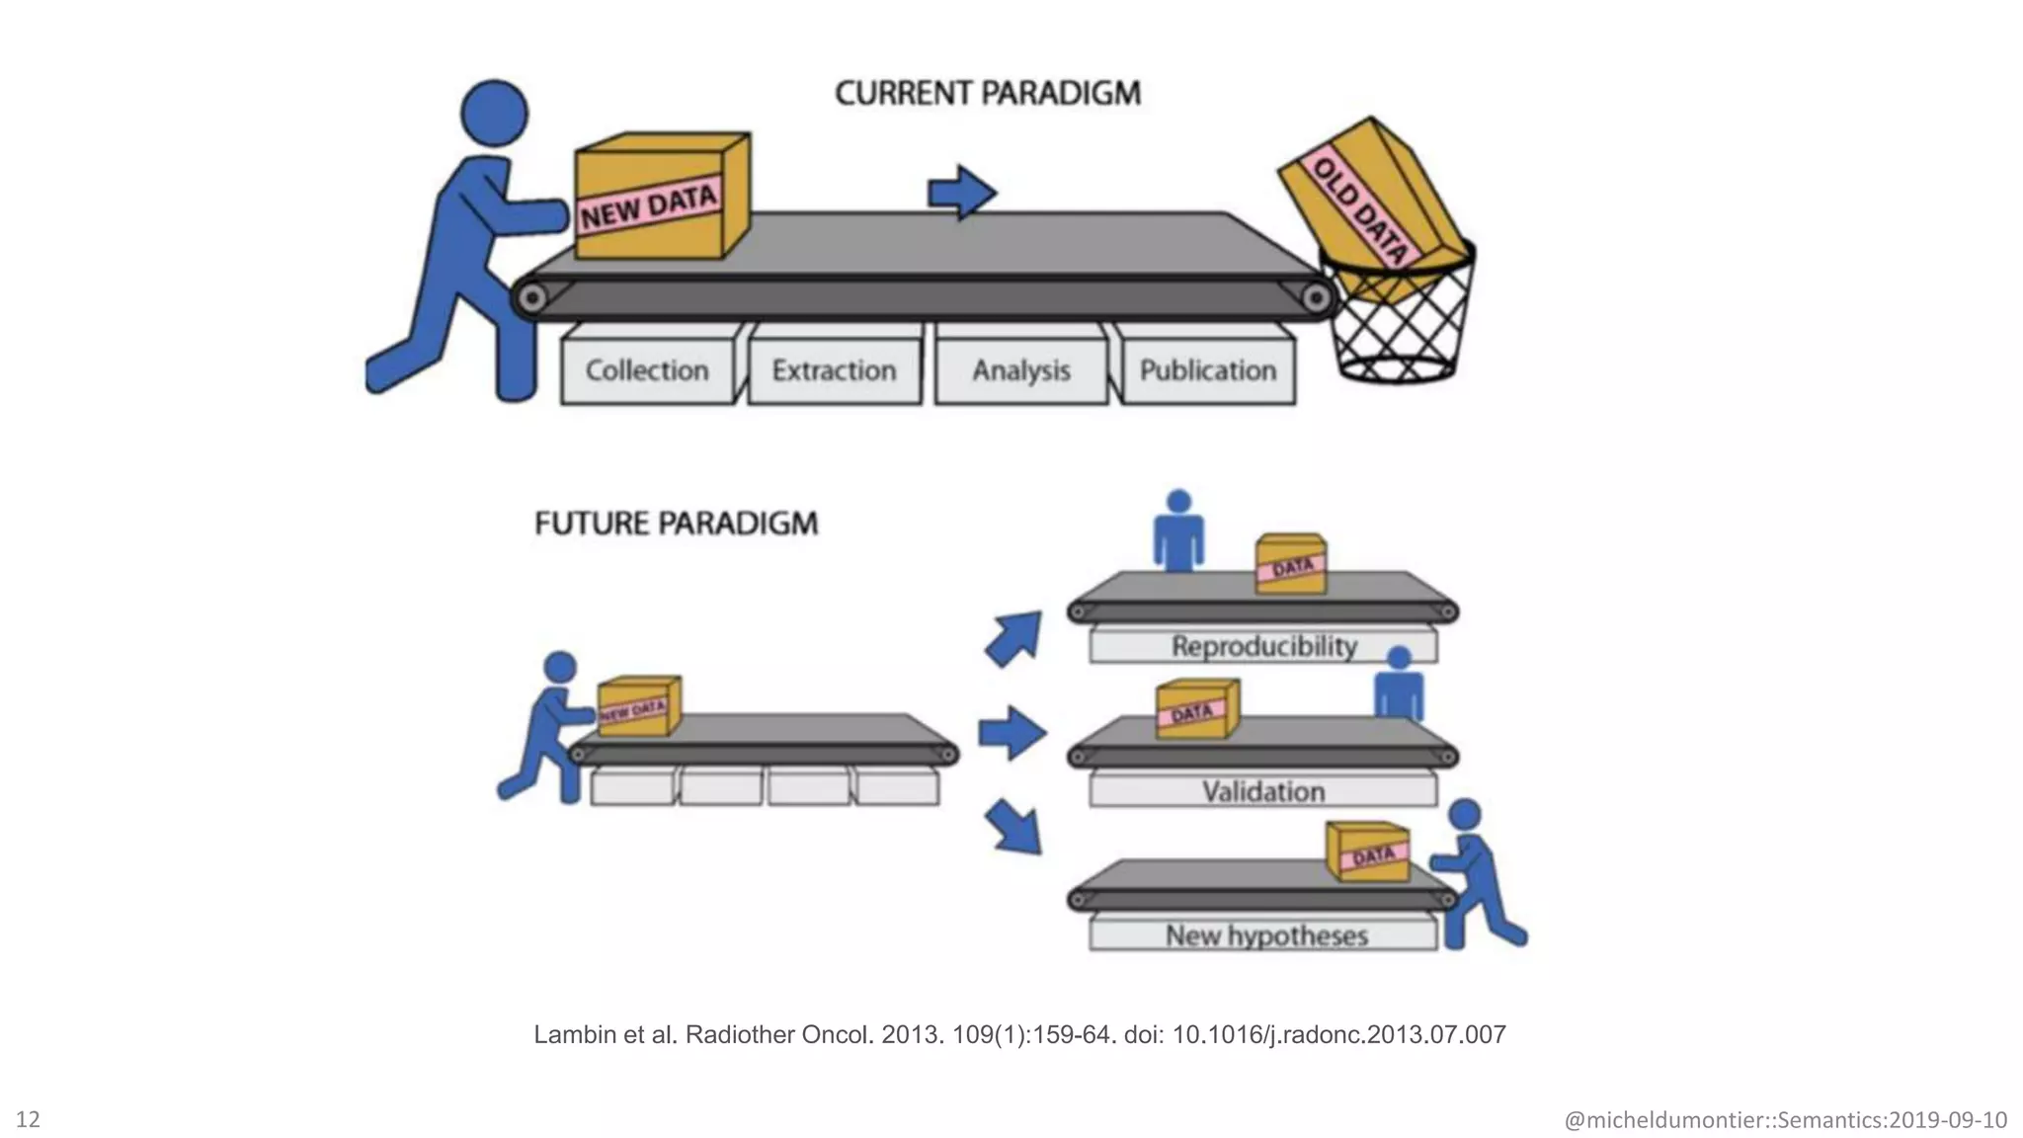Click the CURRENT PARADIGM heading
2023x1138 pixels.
(987, 93)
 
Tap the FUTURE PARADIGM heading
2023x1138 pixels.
(676, 523)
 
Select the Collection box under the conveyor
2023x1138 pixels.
(647, 370)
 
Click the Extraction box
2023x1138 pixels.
(834, 370)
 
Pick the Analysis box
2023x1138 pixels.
(1020, 370)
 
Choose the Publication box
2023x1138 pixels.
(1207, 370)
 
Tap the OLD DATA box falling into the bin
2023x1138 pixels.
(1368, 203)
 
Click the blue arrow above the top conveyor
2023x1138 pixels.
(961, 192)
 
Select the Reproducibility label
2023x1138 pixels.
(1263, 646)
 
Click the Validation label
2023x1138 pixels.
(1263, 791)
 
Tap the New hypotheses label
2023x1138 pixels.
(1265, 935)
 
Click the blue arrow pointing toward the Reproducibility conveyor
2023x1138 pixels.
(1014, 637)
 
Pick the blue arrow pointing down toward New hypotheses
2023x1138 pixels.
(1014, 826)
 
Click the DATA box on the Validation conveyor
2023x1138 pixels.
(1196, 709)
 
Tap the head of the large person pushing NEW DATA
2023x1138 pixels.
(494, 113)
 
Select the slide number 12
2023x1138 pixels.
(28, 1118)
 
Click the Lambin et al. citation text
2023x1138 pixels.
(1018, 1034)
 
